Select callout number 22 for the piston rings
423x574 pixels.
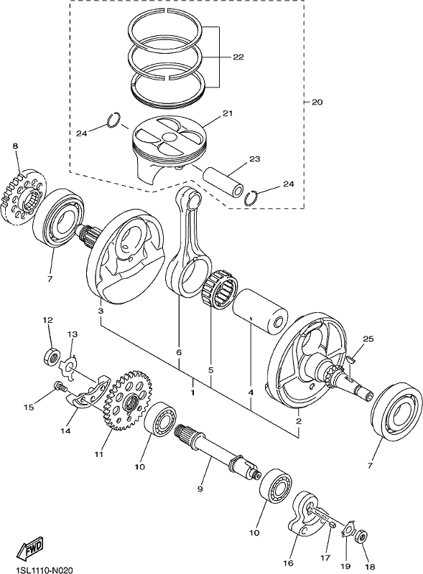tap(238, 57)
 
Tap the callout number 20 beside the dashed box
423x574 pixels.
tap(317, 102)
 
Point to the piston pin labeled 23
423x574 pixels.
tap(223, 180)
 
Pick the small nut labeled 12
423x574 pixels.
tap(52, 356)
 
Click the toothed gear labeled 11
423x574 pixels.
tap(127, 400)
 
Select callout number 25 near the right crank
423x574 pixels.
tap(368, 339)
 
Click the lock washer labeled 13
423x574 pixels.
tap(68, 368)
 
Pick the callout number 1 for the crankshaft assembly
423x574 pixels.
tap(192, 392)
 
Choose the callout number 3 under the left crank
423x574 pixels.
tap(101, 311)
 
